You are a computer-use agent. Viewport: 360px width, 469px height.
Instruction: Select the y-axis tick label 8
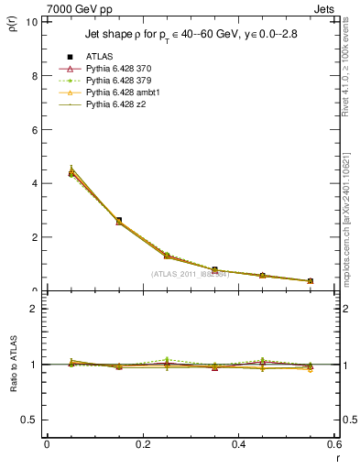tap(36, 76)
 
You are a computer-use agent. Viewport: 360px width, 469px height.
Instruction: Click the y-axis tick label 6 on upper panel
tap(36, 130)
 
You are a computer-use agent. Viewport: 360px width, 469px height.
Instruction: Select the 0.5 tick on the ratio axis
tap(33, 420)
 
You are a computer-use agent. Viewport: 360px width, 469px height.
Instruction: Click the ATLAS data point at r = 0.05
tap(71, 173)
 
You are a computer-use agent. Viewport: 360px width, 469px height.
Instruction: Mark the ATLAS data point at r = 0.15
tap(119, 221)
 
